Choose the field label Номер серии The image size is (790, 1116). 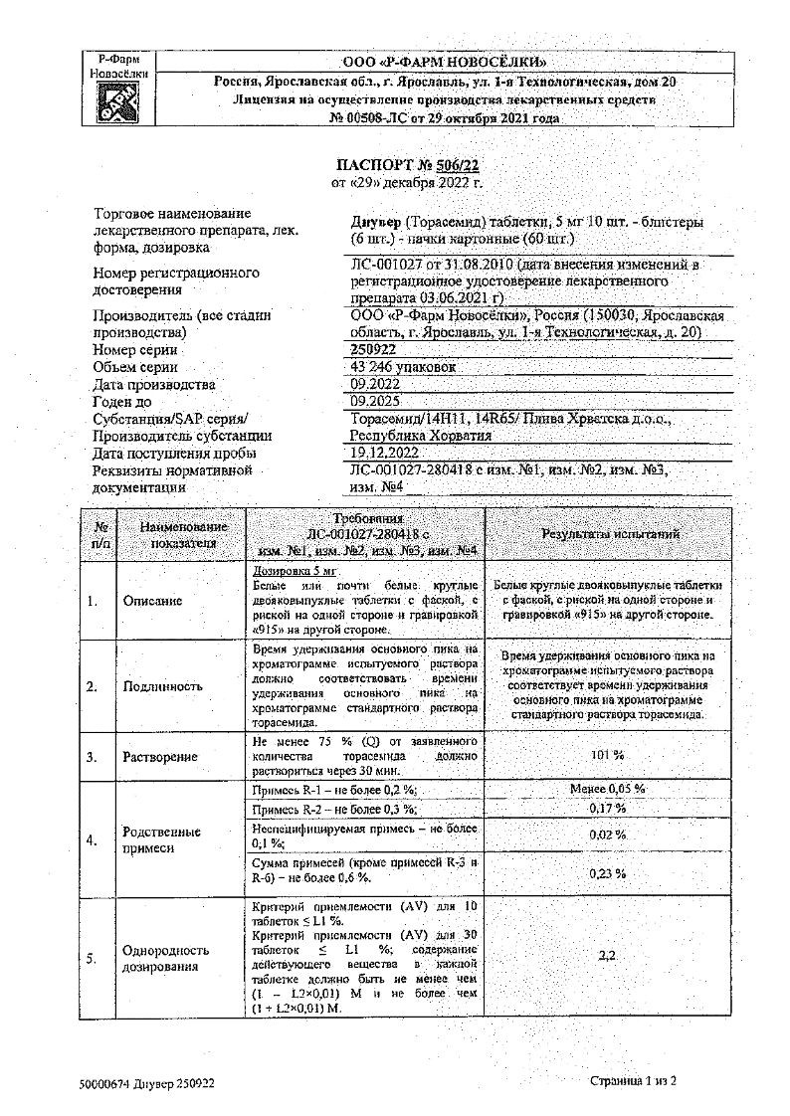[135, 350]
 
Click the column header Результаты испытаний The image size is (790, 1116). [610, 535]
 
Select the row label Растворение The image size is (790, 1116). [160, 757]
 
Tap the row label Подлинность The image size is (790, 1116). [162, 686]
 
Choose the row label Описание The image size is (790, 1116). [153, 601]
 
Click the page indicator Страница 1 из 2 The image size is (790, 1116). [633, 1081]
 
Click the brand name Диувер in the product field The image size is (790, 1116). [377, 222]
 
